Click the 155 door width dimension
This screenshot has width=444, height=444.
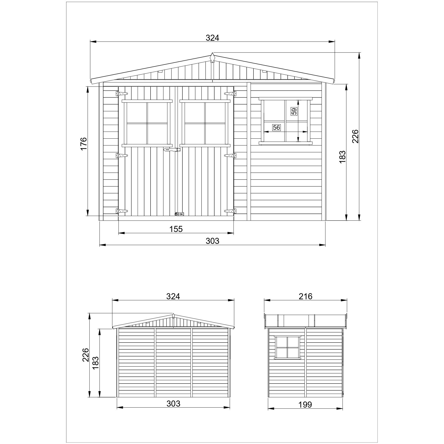tap(176, 229)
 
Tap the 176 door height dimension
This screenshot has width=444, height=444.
tap(84, 143)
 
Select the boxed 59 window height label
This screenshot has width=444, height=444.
tap(294, 111)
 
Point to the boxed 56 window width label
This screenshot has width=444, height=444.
tap(276, 128)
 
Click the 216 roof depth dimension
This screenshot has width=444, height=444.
tap(305, 296)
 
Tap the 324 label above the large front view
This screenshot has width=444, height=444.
tap(212, 38)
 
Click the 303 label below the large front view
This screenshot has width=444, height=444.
tap(212, 241)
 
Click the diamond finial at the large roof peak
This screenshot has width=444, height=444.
tap(213, 57)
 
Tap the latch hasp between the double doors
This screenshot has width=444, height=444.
tap(172, 150)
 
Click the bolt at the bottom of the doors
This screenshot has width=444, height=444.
tap(179, 214)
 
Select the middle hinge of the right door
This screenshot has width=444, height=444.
tap(230, 156)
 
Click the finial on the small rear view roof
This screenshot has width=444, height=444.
tap(173, 316)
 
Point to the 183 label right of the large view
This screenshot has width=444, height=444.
tap(342, 157)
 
